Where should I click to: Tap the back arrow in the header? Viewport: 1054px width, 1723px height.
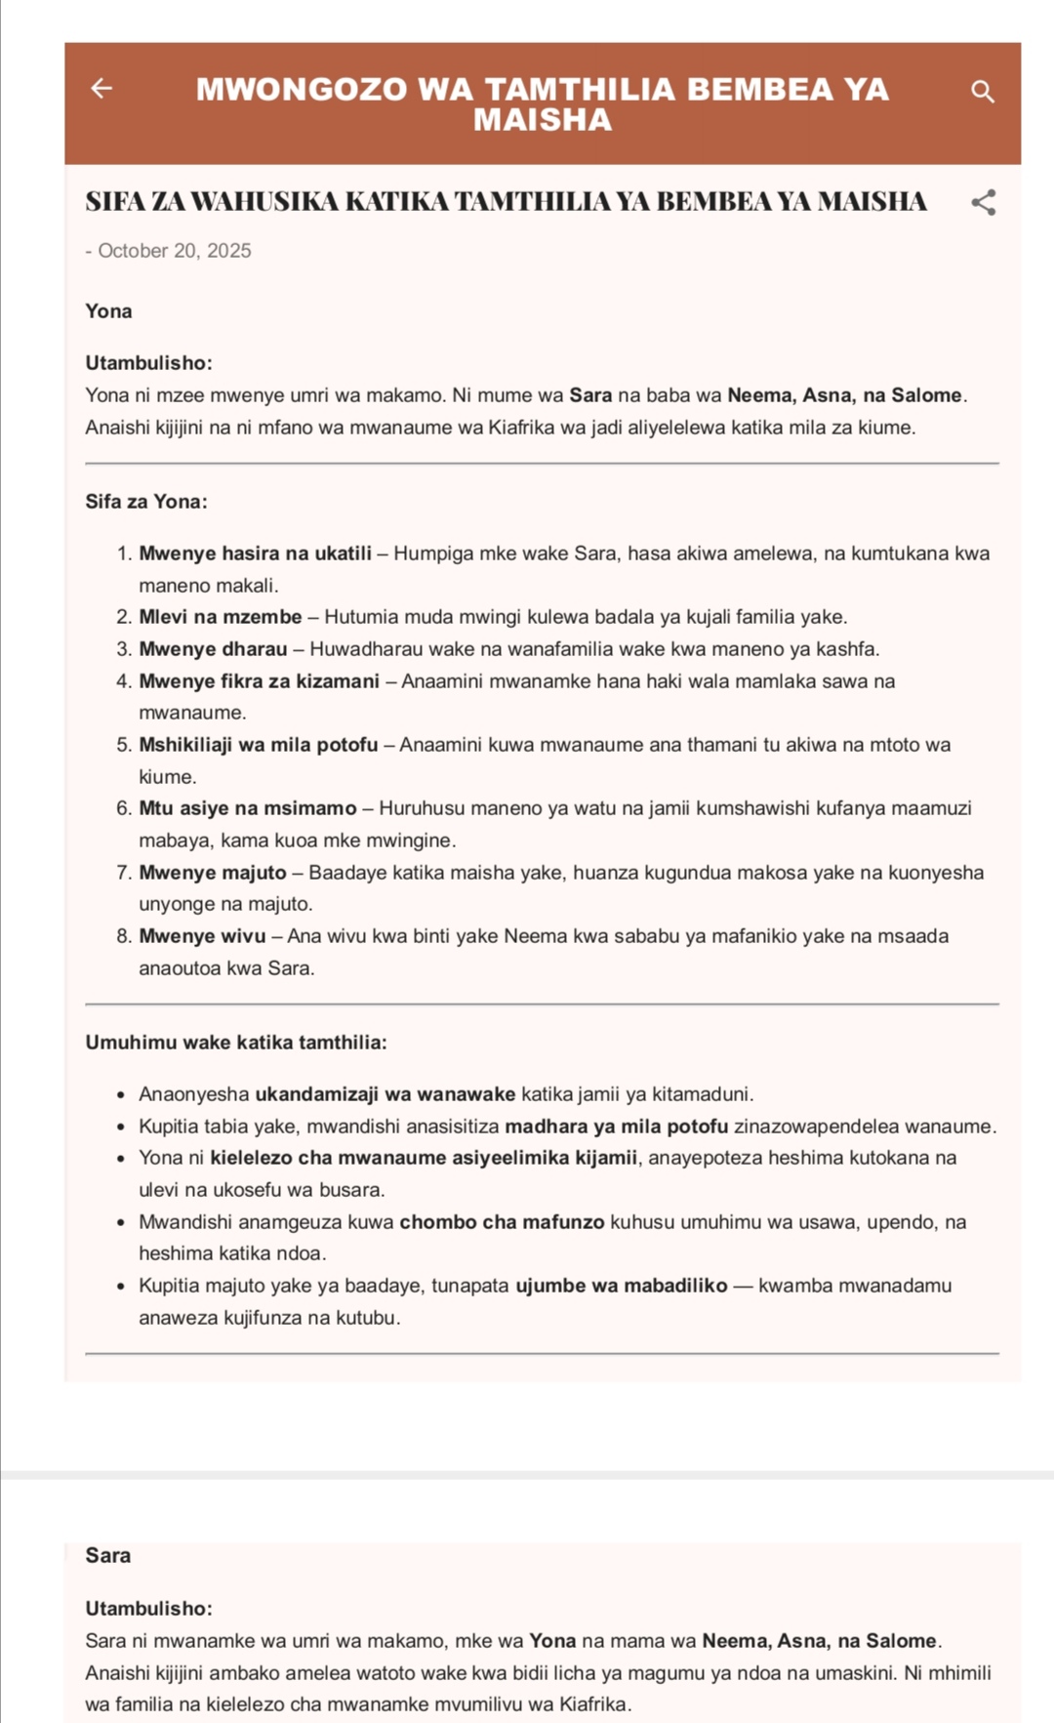(x=101, y=89)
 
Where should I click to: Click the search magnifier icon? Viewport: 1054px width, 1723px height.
(x=983, y=92)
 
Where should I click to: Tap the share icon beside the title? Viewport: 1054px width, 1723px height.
(x=984, y=202)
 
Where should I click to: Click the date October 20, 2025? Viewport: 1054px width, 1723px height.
(x=174, y=251)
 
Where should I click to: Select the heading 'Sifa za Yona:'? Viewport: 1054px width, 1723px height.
(x=146, y=502)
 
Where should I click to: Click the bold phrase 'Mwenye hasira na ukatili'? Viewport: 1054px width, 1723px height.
(x=255, y=554)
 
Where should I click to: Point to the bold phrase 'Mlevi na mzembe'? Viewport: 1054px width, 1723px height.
(x=221, y=617)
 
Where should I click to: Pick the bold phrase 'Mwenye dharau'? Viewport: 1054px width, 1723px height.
(x=213, y=649)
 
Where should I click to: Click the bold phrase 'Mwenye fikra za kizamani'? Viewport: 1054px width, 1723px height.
(x=259, y=681)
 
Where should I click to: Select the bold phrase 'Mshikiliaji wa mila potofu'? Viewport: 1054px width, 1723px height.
(x=258, y=745)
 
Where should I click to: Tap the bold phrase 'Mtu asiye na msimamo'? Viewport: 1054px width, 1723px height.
(x=248, y=808)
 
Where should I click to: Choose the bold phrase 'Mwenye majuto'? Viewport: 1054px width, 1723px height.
(x=213, y=873)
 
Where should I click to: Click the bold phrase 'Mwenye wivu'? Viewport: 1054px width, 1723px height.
(x=202, y=936)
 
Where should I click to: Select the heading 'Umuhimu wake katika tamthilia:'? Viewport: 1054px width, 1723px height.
(x=236, y=1043)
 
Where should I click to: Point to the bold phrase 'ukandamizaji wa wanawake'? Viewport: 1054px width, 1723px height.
(x=385, y=1094)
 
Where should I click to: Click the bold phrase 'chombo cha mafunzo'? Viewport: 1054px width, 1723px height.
(x=502, y=1222)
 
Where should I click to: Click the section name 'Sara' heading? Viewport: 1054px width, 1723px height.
(x=108, y=1555)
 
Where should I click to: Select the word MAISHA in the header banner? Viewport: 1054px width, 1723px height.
(x=543, y=120)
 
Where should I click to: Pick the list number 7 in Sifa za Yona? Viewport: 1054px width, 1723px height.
(x=123, y=873)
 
